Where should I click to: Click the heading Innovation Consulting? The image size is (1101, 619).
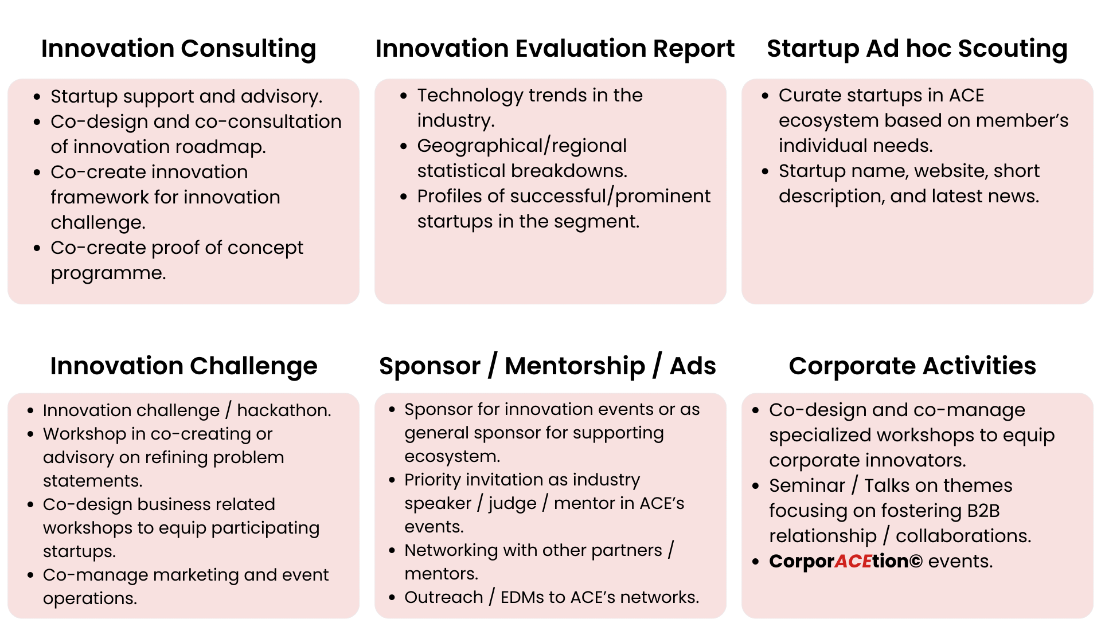tap(178, 49)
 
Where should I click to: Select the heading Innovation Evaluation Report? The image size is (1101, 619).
tap(555, 49)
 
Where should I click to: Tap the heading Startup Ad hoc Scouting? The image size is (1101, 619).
tap(917, 49)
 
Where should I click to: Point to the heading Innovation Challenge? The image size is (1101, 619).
tap(183, 366)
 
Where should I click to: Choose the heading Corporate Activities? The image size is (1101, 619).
tap(912, 366)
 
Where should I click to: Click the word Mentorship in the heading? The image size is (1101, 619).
tap(575, 366)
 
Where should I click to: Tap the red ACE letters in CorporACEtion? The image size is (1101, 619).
tap(853, 561)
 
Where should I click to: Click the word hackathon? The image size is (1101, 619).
tap(284, 410)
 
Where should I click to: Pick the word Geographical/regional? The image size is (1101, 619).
tap(522, 146)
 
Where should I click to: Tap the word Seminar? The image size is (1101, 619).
tap(807, 485)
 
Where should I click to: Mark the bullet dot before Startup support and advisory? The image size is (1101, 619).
tap(37, 97)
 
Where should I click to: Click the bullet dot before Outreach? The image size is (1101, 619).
tap(392, 598)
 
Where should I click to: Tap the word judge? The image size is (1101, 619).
tap(512, 504)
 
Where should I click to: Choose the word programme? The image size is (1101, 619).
tap(108, 273)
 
